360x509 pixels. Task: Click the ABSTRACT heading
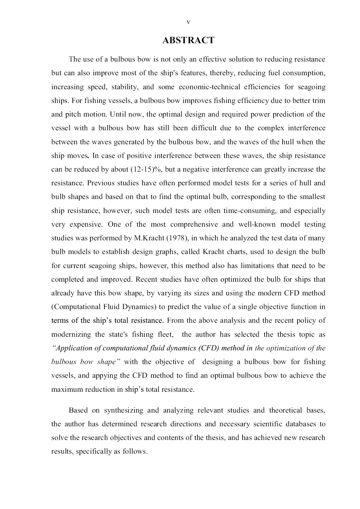(x=188, y=40)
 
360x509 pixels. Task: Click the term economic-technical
(x=210, y=87)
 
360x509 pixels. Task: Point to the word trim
(x=319, y=101)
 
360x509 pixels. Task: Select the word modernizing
(x=72, y=335)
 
